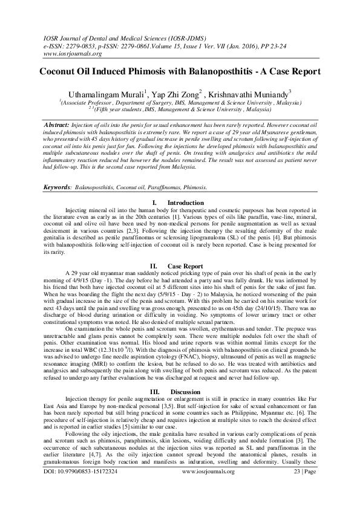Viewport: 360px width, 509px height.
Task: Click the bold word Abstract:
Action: [x=61, y=124]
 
